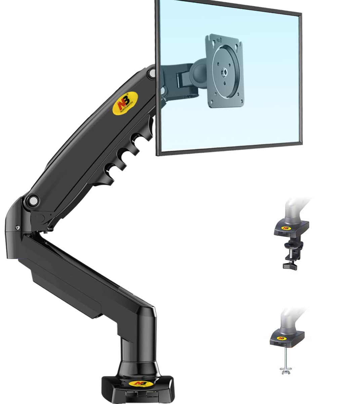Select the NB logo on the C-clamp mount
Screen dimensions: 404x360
[286, 228]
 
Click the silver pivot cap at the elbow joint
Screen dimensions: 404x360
[34, 201]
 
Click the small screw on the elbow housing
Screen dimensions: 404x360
[17, 228]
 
